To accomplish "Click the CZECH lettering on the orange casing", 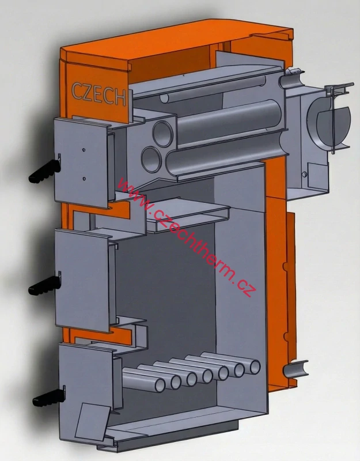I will click(x=98, y=93).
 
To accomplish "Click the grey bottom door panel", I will click(x=86, y=380).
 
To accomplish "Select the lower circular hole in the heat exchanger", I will click(x=151, y=156).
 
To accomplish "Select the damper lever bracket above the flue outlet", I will click(x=338, y=89).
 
